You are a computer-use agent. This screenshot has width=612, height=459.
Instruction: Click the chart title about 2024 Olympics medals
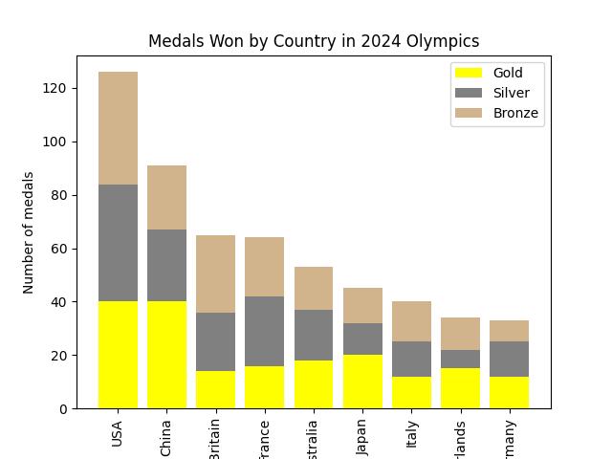(x=314, y=41)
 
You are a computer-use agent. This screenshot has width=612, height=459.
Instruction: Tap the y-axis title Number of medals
(x=29, y=232)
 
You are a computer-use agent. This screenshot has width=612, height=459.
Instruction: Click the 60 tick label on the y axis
(x=59, y=249)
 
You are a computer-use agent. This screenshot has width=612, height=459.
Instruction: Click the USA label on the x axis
(x=119, y=434)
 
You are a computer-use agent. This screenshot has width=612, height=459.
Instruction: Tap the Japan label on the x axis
(x=363, y=434)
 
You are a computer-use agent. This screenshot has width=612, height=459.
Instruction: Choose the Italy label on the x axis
(x=412, y=434)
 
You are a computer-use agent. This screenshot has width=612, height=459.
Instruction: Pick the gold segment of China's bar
(x=167, y=355)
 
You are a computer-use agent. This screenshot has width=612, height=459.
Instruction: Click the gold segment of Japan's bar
(x=363, y=382)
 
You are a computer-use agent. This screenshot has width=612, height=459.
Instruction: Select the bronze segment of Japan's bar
(x=363, y=305)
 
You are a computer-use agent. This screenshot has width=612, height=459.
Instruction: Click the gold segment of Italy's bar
(x=412, y=392)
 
